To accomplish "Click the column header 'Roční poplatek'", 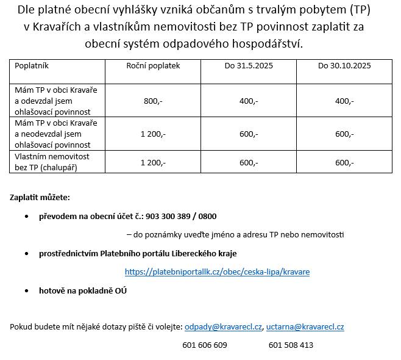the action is tap(153, 65).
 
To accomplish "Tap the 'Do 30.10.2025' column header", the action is tap(344, 65).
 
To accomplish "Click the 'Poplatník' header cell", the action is tap(32, 65).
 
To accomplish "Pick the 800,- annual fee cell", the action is tap(153, 101).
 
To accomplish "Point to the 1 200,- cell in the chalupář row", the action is tap(153, 162).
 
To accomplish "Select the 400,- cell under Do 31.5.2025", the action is tap(249, 101).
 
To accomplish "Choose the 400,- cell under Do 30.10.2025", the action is tap(344, 101).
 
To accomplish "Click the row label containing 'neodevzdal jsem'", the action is tap(52, 134).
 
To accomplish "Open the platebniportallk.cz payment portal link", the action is tap(217, 272).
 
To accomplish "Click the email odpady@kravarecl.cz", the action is tap(223, 326).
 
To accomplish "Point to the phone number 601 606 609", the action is tap(205, 345).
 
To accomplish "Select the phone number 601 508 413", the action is tap(291, 345).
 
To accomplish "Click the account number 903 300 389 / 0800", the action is tap(181, 216).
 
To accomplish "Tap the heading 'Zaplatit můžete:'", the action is tap(40, 198).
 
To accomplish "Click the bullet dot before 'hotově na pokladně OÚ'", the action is tap(26, 291).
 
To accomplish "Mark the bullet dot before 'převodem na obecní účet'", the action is tap(26, 217).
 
